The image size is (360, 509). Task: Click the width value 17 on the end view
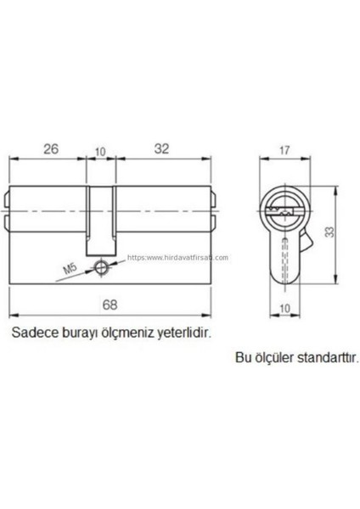tap(284, 154)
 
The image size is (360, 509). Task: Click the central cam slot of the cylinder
tap(101, 212)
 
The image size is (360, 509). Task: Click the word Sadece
tap(31, 333)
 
